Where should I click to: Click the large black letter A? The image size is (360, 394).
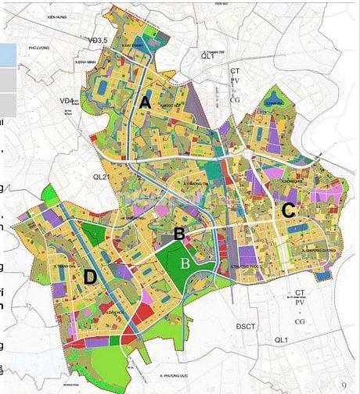pyautogui.click(x=145, y=102)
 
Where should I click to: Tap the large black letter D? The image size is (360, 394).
pyautogui.click(x=91, y=277)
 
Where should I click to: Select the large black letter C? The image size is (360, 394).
pyautogui.click(x=288, y=210)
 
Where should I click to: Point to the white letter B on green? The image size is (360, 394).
pyautogui.click(x=185, y=263)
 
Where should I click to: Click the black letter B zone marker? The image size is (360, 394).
pyautogui.click(x=178, y=233)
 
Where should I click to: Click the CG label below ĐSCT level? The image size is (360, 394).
pyautogui.click(x=298, y=321)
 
